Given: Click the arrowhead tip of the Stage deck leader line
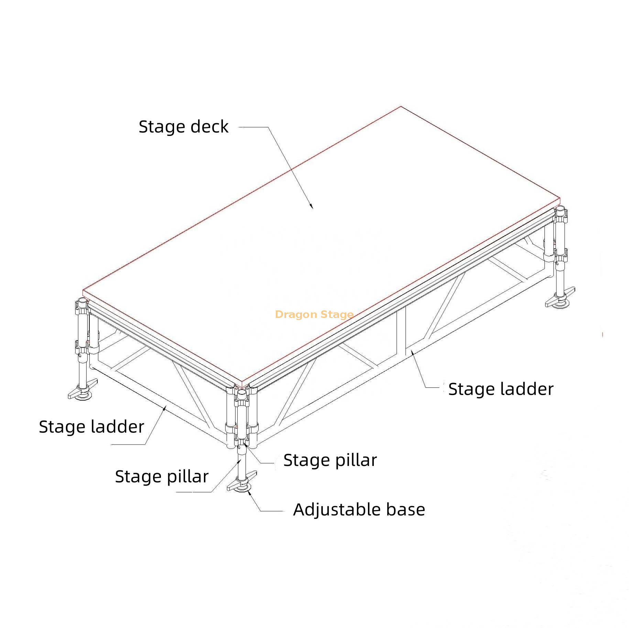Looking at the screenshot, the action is coord(313,209).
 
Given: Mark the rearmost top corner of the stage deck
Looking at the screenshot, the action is coord(401,107).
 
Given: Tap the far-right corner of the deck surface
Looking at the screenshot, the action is coord(560,199).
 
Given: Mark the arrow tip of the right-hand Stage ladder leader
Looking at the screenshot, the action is coord(411,350).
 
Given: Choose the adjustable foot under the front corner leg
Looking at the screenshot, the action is coord(242,482).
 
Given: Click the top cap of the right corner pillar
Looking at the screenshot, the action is coord(561,209).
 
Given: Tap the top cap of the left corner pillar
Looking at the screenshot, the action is coord(83,301).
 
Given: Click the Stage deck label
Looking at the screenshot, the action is coord(184,127).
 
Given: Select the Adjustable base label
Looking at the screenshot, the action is coord(359,510).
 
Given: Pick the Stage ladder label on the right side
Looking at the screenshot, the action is coord(501,389).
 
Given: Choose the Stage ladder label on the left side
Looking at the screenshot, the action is coord(91,427).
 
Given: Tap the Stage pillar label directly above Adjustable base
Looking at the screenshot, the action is coord(330,460).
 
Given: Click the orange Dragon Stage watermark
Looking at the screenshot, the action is coord(314,315).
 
